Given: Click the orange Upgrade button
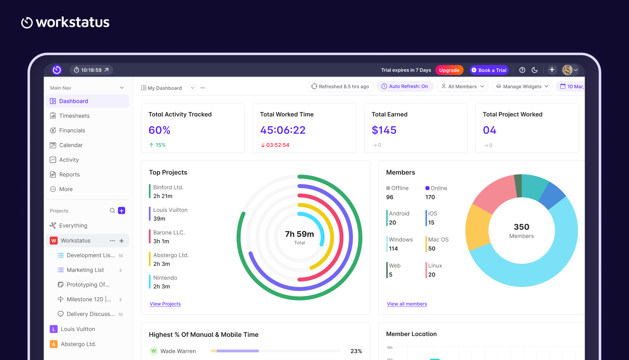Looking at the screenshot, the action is coord(449,70).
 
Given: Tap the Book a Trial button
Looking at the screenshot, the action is coord(489,70).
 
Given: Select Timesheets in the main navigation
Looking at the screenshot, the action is coord(74,116).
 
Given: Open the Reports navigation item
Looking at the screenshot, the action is coord(69,174).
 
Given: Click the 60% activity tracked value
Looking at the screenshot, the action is coord(159,130).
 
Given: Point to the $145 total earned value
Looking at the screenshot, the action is coord(384,130).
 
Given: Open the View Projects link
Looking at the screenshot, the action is coord(165,304).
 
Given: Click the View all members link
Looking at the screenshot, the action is coord(407,304).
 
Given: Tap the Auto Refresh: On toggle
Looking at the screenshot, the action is coord(405,86).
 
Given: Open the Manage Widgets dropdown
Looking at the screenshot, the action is coord(522,86).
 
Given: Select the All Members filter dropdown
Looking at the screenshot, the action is coord(462,86).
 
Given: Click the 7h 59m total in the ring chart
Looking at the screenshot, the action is coord(299,234).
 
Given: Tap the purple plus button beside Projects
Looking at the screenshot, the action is coord(121,211).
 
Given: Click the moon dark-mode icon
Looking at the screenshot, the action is coord(535,70).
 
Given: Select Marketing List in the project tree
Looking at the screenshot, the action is coord(85,270).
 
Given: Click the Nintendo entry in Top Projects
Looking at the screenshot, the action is coord(165,278).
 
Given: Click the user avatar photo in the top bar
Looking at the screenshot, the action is coord(567,70).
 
